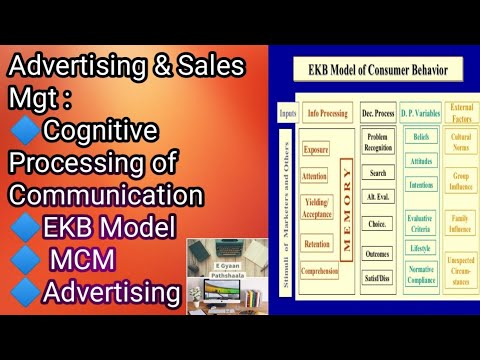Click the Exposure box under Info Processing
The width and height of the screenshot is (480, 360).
click(x=316, y=149)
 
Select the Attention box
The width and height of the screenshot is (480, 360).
click(x=316, y=175)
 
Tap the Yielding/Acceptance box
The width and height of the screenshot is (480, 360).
click(x=315, y=207)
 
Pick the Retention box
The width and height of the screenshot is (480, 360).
click(x=316, y=242)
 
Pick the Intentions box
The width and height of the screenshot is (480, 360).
click(x=420, y=183)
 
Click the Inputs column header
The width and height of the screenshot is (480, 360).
click(x=289, y=113)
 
